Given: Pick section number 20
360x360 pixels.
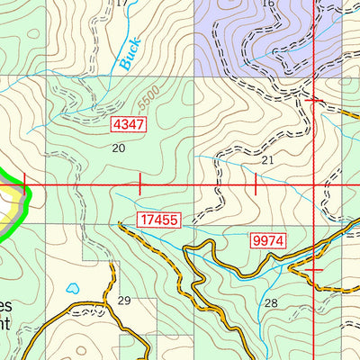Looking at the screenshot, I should (117, 148).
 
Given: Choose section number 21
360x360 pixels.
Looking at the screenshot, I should (267, 159).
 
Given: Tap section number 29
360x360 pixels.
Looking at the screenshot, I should (124, 301).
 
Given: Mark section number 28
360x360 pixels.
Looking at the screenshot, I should (270, 301).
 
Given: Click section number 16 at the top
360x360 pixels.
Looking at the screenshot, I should (267, 4).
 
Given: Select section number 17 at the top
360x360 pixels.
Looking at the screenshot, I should (122, 4).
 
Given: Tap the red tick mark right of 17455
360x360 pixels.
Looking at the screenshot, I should (140, 184).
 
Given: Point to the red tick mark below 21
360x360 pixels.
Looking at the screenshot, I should (256, 184).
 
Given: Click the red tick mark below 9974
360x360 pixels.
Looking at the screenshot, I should (312, 269).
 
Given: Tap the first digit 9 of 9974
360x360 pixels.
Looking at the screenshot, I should (257, 240).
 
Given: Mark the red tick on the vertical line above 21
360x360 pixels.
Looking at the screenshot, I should (312, 101).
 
